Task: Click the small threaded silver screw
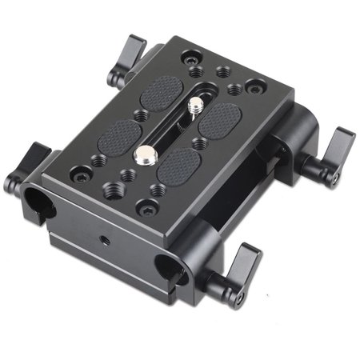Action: (196, 105)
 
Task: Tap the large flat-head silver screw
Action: (149, 153)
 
